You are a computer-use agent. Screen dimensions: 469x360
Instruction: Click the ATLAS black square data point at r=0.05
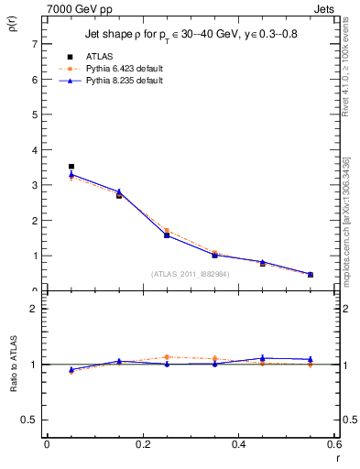[71, 167]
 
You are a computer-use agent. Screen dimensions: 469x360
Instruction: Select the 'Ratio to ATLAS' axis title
[13, 364]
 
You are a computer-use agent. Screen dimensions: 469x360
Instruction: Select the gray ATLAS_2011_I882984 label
[190, 273]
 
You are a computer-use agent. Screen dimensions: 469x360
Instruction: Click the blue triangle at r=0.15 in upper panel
[119, 191]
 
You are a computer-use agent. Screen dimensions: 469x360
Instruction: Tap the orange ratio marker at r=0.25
[167, 357]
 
